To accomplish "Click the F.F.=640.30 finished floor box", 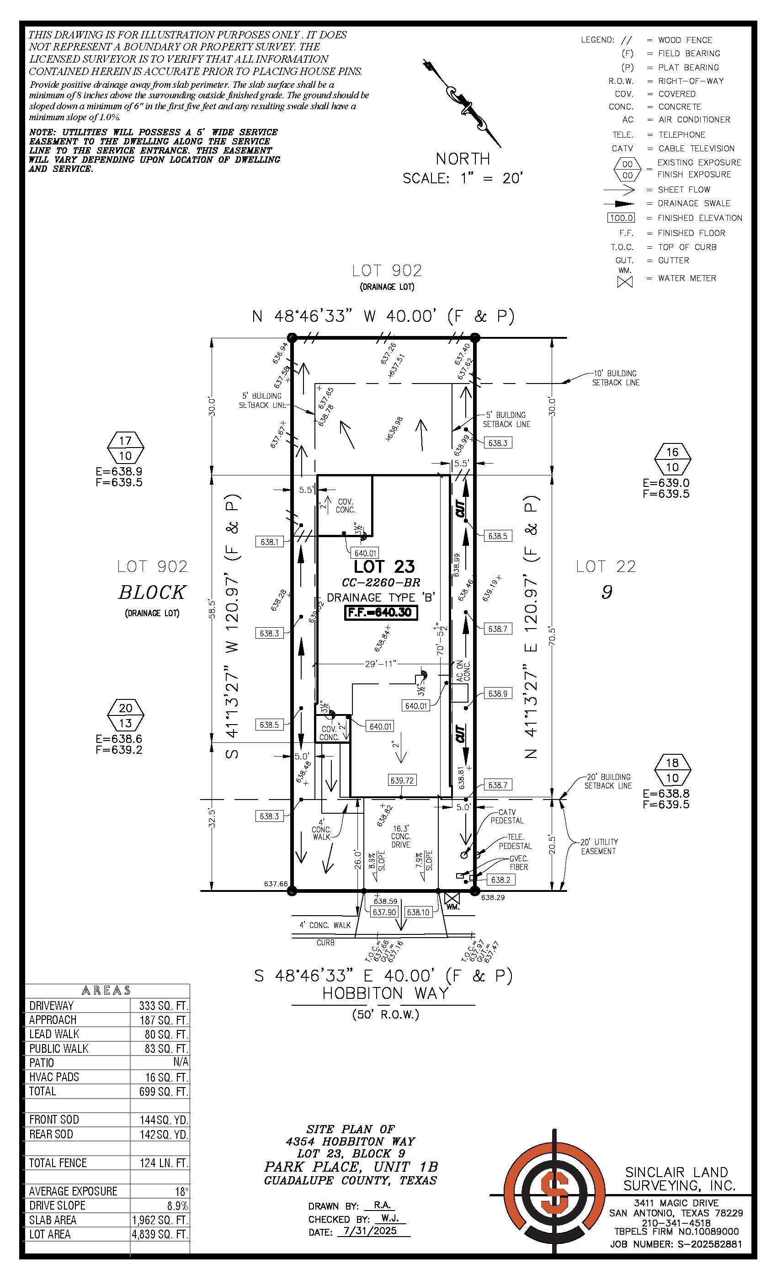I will click(x=381, y=613).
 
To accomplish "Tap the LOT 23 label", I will click(x=384, y=566).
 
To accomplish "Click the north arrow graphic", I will click(x=462, y=103).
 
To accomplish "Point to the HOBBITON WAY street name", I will click(x=385, y=993).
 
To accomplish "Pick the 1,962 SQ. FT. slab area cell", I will click(x=160, y=1220).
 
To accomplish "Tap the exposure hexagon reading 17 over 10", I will click(x=125, y=448).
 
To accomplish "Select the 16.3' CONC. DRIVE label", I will click(x=400, y=837).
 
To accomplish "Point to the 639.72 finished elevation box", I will click(x=402, y=780).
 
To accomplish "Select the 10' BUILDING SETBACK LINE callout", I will click(x=616, y=378).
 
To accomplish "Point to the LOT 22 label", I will click(x=606, y=566).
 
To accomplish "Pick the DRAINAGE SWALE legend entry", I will click(x=693, y=203).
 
